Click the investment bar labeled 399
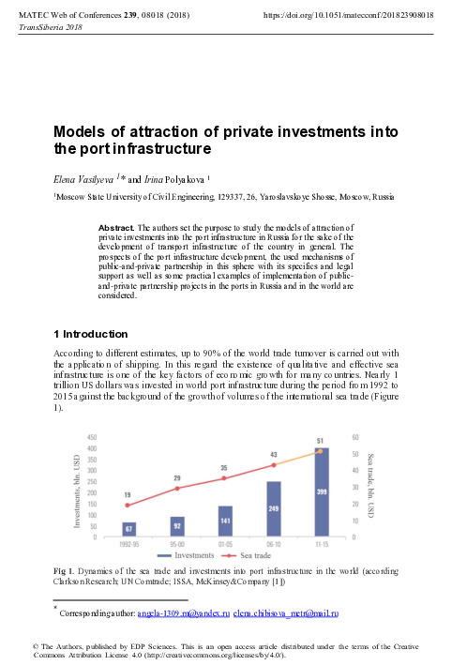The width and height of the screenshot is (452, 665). click(x=322, y=506)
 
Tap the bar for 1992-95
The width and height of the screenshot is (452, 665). click(x=128, y=529)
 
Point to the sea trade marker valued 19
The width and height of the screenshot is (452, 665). click(x=128, y=506)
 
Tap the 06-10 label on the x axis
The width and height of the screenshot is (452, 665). click(x=274, y=543)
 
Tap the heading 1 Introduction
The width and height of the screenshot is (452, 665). click(x=90, y=334)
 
